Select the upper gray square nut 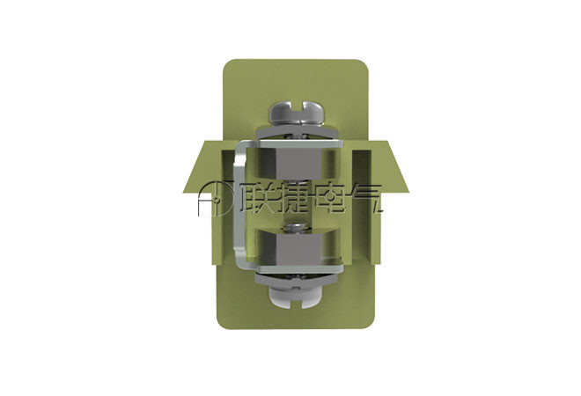[298, 163]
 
